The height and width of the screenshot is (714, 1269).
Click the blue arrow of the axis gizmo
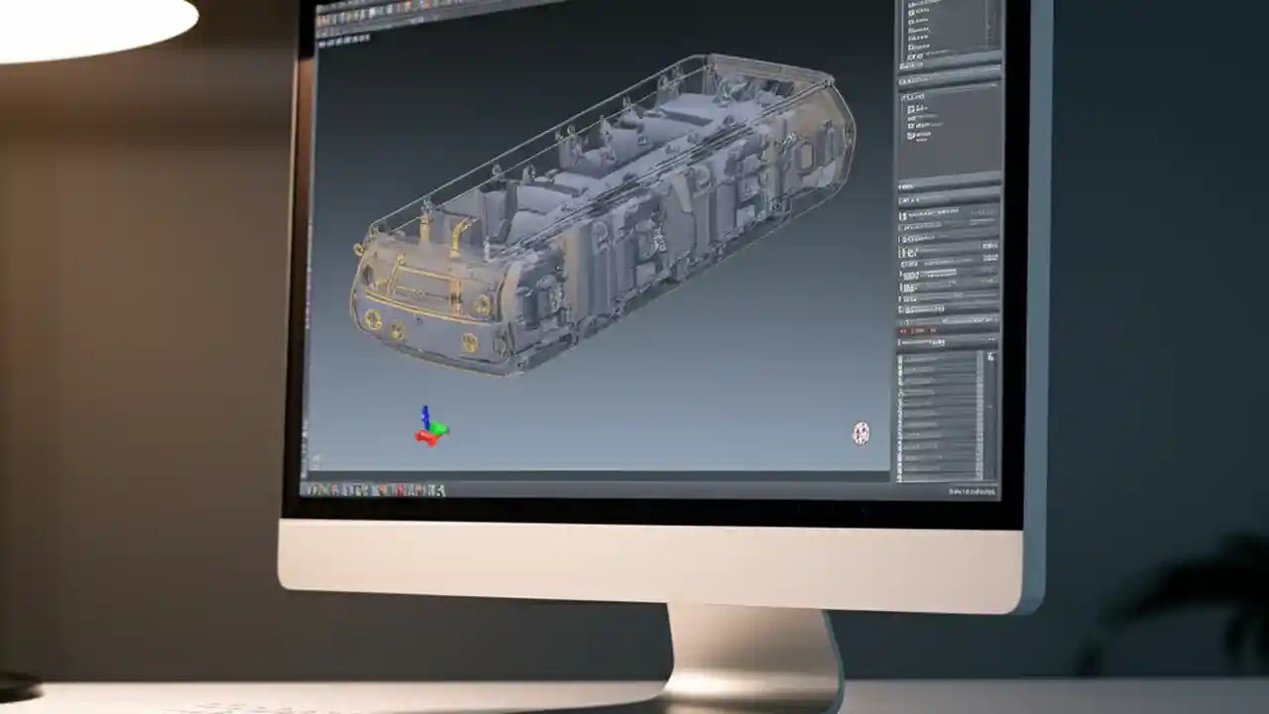pos(425,415)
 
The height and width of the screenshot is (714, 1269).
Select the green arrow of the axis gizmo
pos(439,428)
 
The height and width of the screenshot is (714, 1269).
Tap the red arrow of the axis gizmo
pos(425,437)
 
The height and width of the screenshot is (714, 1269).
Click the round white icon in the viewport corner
pos(861,432)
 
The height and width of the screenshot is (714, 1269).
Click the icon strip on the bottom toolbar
pos(377,489)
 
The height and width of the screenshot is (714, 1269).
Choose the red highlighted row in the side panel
pos(922,329)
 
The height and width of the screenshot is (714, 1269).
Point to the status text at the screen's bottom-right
pos(972,491)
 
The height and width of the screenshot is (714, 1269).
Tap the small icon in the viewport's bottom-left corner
pos(315,459)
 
